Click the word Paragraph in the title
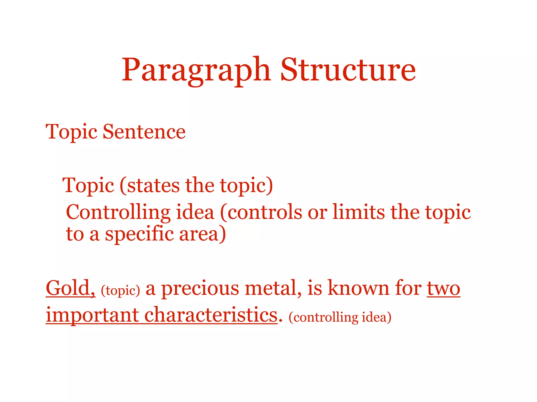pos(196,70)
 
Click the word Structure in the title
pos(348,70)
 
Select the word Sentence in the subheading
pos(144,132)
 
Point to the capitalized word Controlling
pos(118,212)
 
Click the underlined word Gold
pos(70,288)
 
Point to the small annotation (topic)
pos(120,291)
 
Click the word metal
pos(273,288)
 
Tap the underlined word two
pos(443,288)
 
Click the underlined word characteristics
pos(211,315)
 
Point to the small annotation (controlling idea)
pos(340,317)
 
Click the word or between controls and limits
pos(317,212)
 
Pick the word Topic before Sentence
pos(71,132)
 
